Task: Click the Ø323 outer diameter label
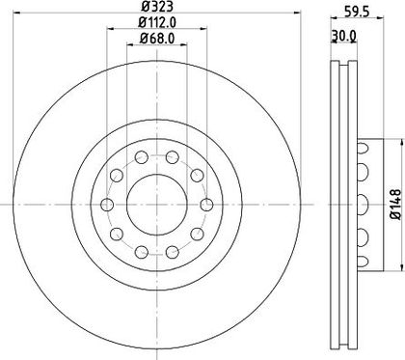point(157,6)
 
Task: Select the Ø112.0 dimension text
point(157,22)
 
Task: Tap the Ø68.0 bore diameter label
point(157,39)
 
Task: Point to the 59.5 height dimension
point(357,11)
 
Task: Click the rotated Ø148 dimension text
point(395,205)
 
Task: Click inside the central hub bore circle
point(157,205)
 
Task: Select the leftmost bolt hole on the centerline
point(107,205)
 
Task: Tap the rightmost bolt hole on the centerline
point(206,205)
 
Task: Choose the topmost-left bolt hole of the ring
point(142,157)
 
